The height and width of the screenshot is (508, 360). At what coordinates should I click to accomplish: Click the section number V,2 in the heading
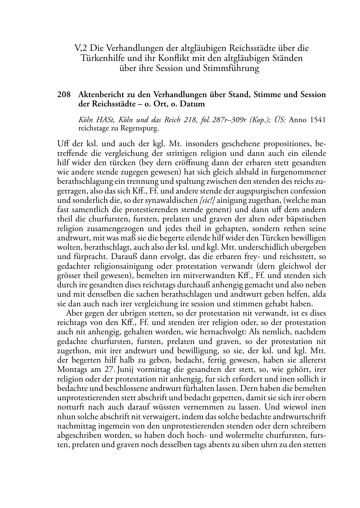pyautogui.click(x=81, y=48)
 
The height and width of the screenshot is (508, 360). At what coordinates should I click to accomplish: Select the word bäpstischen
pyautogui.click(x=307, y=219)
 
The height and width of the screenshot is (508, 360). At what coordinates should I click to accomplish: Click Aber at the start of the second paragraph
pyautogui.click(x=74, y=313)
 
